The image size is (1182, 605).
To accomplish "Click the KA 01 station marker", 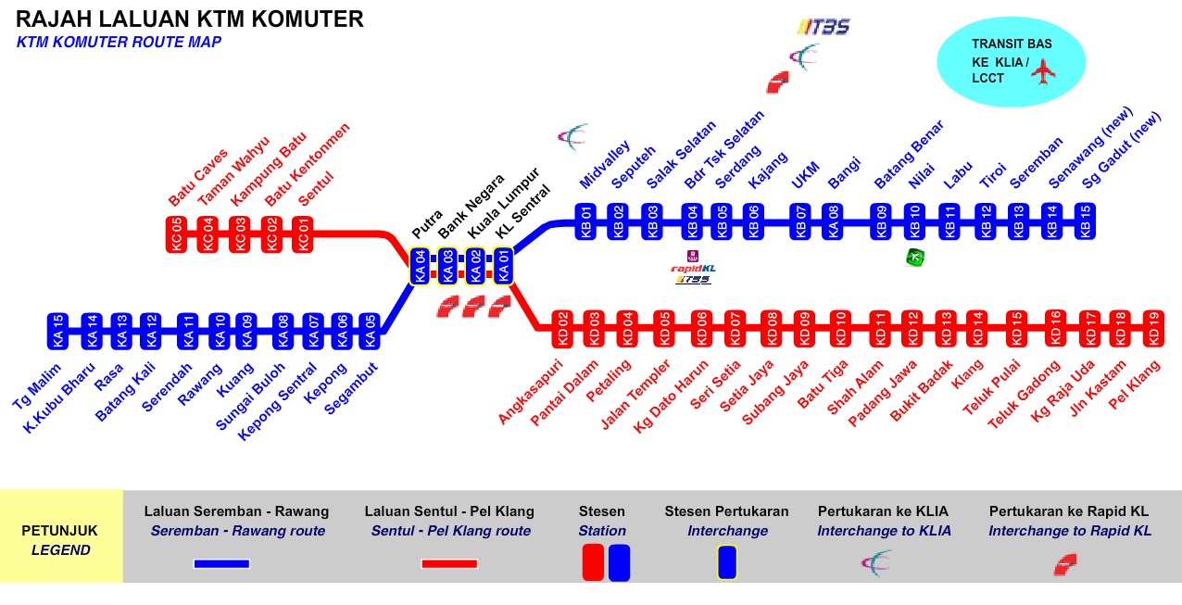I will (504, 266).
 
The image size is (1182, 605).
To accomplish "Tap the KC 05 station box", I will (176, 234).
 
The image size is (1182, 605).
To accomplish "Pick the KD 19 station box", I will (1153, 328).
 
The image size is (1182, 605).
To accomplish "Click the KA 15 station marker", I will (58, 331).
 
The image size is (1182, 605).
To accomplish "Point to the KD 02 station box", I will (561, 328).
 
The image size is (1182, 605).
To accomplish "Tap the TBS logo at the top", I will (824, 27).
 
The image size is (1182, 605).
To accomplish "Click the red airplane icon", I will (1044, 70).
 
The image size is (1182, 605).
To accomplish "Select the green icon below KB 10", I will (914, 257).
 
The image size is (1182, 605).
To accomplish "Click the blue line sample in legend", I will (221, 563).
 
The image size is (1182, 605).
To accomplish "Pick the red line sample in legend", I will (449, 563).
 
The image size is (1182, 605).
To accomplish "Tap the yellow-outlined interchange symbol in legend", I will (727, 562).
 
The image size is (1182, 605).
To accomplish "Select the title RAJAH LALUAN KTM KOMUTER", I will (190, 19).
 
